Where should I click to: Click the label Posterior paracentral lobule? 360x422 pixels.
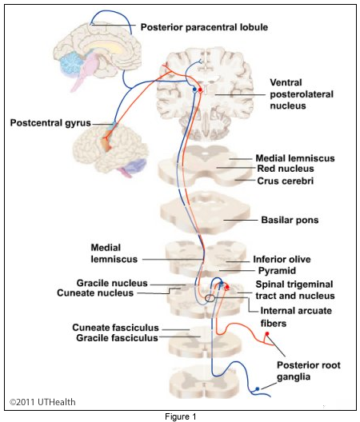(204, 27)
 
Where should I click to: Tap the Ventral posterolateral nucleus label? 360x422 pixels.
(302, 94)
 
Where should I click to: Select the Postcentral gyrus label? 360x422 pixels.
(50, 123)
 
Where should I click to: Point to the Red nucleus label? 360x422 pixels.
(286, 169)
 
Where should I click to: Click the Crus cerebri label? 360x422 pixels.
(286, 181)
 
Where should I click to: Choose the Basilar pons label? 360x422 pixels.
(290, 220)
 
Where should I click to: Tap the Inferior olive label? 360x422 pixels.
(282, 259)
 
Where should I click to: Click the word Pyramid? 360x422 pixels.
(277, 270)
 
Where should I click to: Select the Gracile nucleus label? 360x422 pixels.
(112, 283)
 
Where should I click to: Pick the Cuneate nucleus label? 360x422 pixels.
(95, 293)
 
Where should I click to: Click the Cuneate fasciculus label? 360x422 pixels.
(115, 328)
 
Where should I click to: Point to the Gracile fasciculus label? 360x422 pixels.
(117, 338)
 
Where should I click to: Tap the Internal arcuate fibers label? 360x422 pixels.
(296, 316)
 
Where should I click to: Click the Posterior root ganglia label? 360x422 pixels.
(309, 371)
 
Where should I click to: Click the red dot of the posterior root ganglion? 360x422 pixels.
(267, 334)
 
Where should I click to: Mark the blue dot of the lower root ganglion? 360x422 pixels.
(258, 389)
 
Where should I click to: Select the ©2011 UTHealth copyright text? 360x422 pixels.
(42, 402)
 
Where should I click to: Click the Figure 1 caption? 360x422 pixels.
(181, 416)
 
